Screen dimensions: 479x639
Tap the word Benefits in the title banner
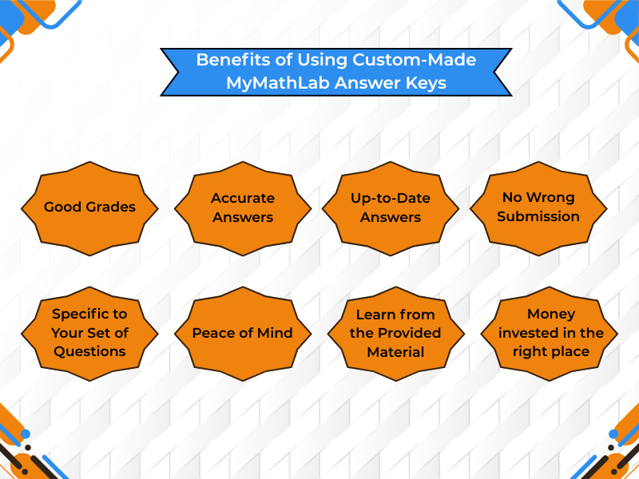pyautogui.click(x=226, y=60)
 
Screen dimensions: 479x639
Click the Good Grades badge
pyautogui.click(x=89, y=207)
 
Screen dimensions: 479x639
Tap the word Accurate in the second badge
pyautogui.click(x=243, y=198)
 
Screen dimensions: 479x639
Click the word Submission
pyautogui.click(x=538, y=216)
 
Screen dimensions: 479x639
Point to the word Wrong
pyautogui.click(x=550, y=197)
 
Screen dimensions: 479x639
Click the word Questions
pyautogui.click(x=89, y=351)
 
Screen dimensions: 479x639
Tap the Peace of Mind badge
pyautogui.click(x=243, y=333)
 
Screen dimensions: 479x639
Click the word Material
pyautogui.click(x=395, y=351)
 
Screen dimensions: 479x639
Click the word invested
pyautogui.click(x=527, y=333)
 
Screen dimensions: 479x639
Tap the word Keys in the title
pyautogui.click(x=427, y=83)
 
